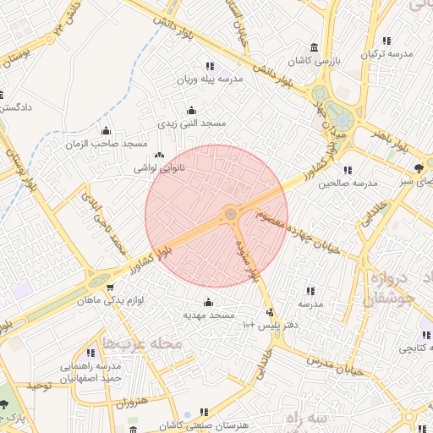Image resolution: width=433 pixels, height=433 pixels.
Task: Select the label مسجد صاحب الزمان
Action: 106,144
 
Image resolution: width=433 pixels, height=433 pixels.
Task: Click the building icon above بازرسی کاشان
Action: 315,47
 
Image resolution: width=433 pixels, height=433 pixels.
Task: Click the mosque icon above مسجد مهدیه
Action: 209,302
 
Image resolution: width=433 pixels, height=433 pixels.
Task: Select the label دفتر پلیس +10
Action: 271,325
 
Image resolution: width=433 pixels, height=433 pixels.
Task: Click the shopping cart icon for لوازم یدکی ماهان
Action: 109,288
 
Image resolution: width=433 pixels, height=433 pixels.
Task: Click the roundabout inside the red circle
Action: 231,215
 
